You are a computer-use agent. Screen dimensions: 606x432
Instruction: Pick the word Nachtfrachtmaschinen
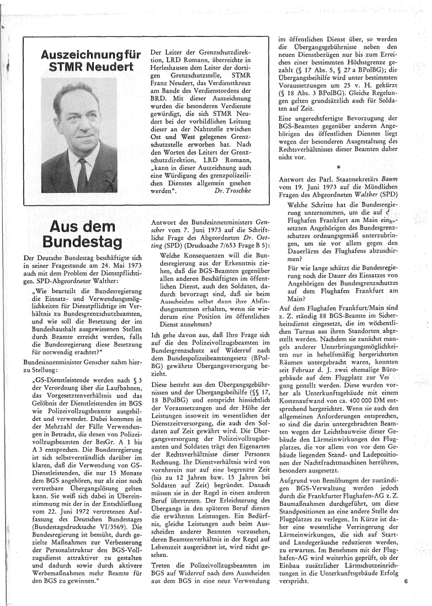point(337,448)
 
